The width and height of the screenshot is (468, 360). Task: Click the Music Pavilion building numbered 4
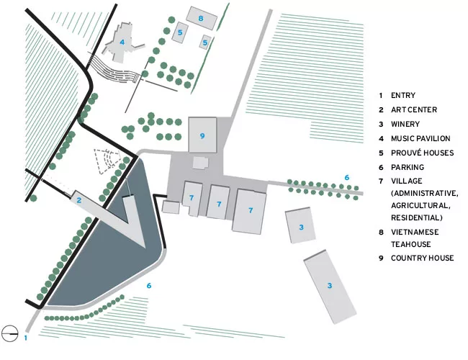point(122,43)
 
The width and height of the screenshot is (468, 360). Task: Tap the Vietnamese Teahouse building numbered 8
point(202,18)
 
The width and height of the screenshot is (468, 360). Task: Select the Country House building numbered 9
point(202,135)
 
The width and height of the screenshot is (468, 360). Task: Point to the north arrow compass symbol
point(9,333)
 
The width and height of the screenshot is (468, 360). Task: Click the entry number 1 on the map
point(26,338)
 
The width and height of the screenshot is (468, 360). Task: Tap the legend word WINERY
point(405,124)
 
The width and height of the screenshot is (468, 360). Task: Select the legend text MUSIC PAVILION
point(420,138)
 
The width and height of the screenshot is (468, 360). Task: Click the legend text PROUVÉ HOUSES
point(423,153)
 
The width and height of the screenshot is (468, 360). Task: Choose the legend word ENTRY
point(403,95)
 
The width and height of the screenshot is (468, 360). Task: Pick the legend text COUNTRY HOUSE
point(423,258)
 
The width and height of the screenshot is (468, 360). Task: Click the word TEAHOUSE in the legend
point(410,244)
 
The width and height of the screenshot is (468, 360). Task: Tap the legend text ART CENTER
point(414,109)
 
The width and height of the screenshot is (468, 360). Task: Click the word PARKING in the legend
point(408,167)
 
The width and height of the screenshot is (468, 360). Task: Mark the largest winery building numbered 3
point(330,287)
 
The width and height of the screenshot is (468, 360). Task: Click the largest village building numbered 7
point(249,212)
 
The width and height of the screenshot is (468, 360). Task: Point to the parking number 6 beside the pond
point(149,286)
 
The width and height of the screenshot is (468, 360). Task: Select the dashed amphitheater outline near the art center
point(107,161)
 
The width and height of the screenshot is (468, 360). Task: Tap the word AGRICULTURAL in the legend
point(420,205)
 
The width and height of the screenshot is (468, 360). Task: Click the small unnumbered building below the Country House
point(201,163)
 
